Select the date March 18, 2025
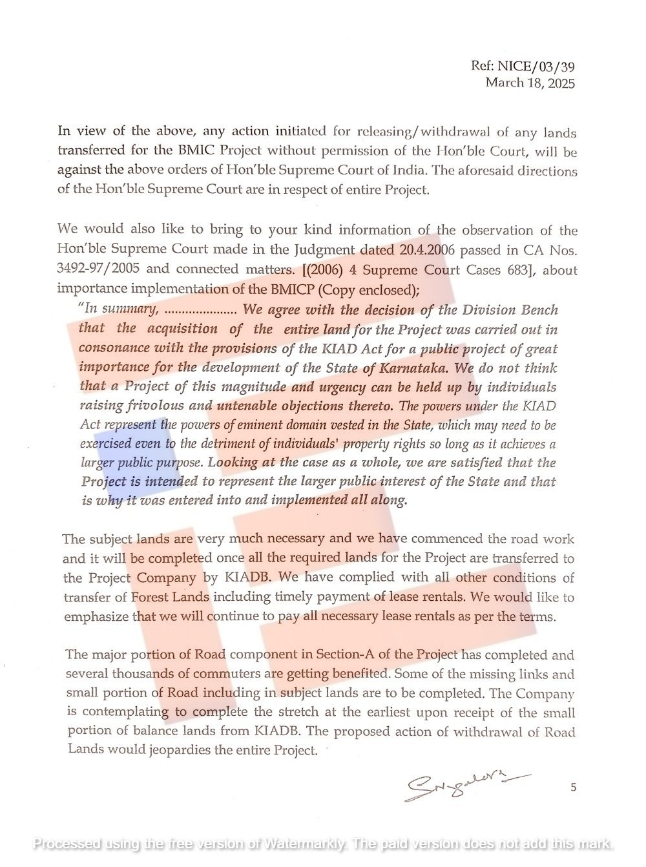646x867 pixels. pyautogui.click(x=530, y=82)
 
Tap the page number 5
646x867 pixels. pyautogui.click(x=573, y=787)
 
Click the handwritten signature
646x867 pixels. pyautogui.click(x=465, y=785)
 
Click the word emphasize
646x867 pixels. pyautogui.click(x=96, y=616)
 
